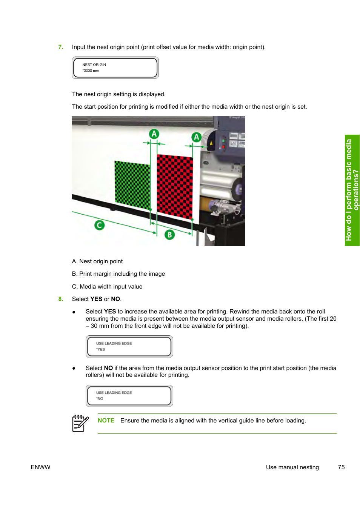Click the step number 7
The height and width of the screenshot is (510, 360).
(x=60, y=47)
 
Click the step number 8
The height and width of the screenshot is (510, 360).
(x=60, y=299)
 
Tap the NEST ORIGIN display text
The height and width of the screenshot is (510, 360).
(x=94, y=65)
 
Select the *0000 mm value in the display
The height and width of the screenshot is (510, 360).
(x=91, y=71)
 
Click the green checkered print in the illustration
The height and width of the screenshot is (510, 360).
(x=132, y=184)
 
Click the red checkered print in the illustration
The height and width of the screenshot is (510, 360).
(x=175, y=187)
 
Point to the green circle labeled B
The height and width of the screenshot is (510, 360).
(x=169, y=235)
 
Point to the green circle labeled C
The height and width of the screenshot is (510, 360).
(x=99, y=225)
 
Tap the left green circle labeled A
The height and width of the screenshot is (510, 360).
(x=154, y=134)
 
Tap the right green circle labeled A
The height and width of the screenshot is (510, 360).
(x=196, y=137)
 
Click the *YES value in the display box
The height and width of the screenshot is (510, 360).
(x=100, y=350)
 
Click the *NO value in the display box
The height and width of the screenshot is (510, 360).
(x=100, y=399)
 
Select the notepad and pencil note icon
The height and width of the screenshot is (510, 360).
(x=80, y=423)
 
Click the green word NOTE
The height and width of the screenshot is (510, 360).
(x=106, y=421)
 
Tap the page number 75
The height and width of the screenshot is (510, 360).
(x=341, y=467)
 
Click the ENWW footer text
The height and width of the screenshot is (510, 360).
(x=40, y=467)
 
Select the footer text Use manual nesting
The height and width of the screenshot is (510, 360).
(x=292, y=467)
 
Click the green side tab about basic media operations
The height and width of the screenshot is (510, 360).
(x=352, y=190)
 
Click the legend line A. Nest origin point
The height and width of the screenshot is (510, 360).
(x=97, y=261)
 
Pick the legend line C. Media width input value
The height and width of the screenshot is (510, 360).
(x=107, y=287)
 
